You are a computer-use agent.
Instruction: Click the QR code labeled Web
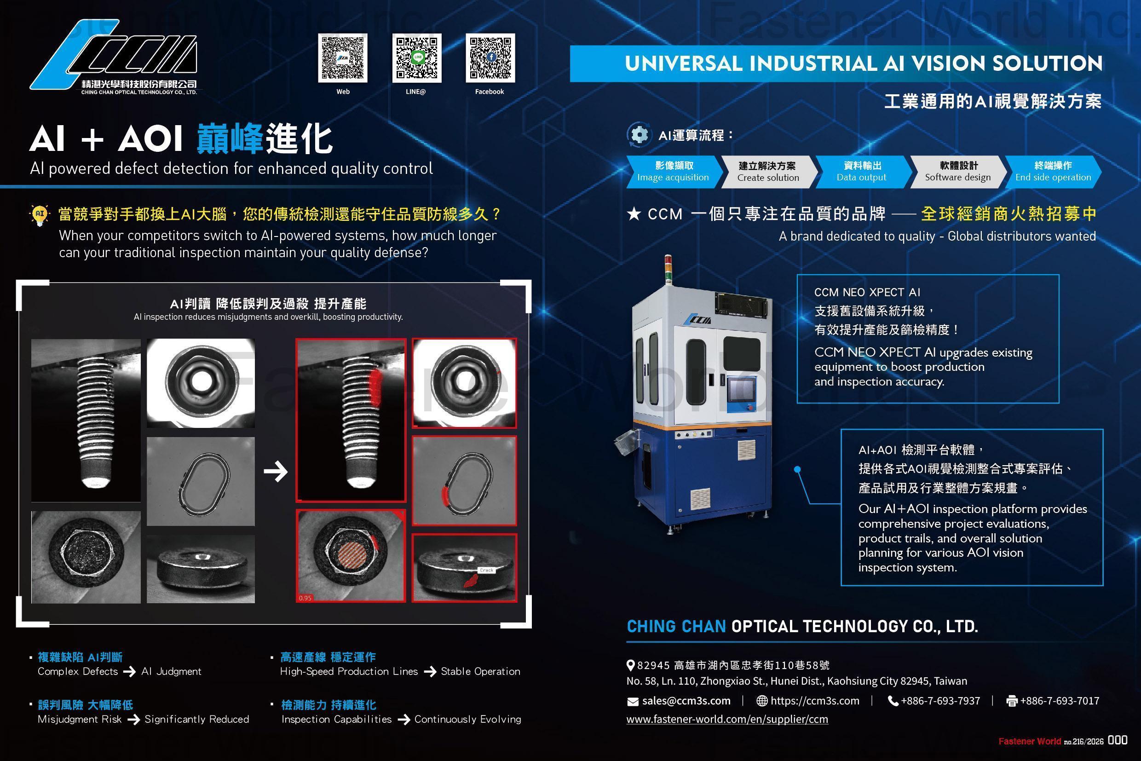(343, 58)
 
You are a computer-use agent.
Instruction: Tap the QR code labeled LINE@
(416, 58)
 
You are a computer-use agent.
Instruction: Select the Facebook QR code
(490, 58)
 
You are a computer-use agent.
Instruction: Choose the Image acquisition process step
(673, 172)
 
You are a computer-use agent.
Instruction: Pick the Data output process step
(861, 172)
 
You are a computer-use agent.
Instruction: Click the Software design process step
(957, 172)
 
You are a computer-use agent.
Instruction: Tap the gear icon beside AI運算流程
(639, 134)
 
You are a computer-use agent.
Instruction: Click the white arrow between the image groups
(276, 471)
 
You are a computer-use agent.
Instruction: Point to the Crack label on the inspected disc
(486, 570)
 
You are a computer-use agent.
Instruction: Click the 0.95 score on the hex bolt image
(305, 598)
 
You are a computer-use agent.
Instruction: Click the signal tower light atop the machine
(668, 270)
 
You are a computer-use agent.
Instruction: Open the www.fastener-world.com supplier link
(727, 719)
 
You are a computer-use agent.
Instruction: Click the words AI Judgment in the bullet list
(171, 672)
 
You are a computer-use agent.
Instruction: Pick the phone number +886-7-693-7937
(939, 701)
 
